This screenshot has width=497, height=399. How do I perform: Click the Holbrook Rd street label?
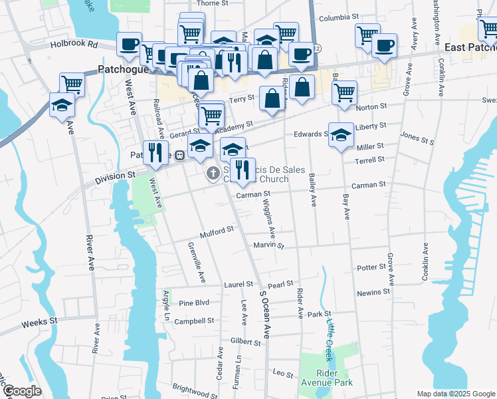[x=74, y=45]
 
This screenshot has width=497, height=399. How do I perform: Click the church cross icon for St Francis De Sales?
[x=213, y=174]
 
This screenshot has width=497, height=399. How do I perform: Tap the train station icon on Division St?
[x=179, y=154]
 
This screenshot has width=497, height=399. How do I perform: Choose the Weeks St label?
[x=39, y=321]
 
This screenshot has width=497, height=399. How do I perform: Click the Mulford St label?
[x=217, y=232]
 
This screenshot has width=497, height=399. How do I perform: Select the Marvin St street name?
[x=268, y=245]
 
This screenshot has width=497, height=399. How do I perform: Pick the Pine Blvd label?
[x=194, y=303]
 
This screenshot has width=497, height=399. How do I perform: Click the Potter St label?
[x=371, y=267]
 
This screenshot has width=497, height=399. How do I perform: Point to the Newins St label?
[x=373, y=292]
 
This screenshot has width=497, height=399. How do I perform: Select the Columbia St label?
[x=338, y=18]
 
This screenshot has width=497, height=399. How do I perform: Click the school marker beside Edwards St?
[x=341, y=136]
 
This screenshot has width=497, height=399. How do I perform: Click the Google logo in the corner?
[x=22, y=391]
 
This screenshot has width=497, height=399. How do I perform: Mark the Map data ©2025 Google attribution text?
[x=456, y=394]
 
